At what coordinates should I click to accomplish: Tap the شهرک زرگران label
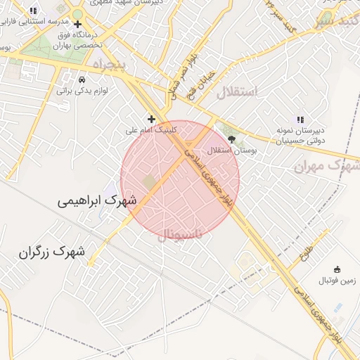(x=52, y=251)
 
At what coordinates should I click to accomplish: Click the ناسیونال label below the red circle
(x=179, y=233)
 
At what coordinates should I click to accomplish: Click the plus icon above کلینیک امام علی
(x=151, y=119)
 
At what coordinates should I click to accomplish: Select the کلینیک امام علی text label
(x=151, y=130)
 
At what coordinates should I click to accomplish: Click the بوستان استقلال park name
(x=234, y=150)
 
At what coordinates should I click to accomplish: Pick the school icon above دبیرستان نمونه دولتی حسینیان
(x=300, y=120)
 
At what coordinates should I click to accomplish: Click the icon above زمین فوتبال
(x=336, y=269)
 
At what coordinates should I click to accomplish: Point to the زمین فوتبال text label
(x=337, y=281)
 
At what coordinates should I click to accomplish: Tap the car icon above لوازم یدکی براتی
(x=82, y=79)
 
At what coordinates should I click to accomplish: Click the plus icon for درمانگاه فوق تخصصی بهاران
(x=77, y=23)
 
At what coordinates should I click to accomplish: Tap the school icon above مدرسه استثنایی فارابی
(x=33, y=11)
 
